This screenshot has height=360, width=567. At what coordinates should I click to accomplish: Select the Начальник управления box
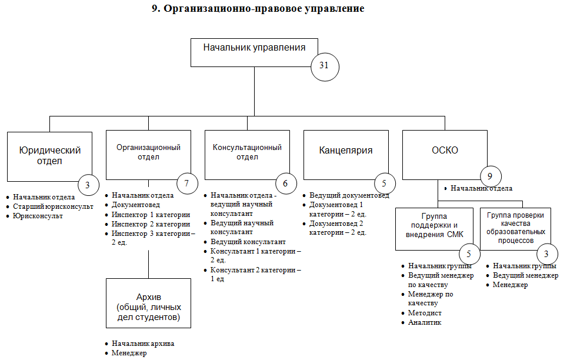pyautogui.click(x=254, y=52)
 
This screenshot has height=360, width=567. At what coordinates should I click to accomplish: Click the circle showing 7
pyautogui.click(x=186, y=184)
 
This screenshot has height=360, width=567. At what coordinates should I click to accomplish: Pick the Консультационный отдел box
pyautogui.click(x=246, y=153)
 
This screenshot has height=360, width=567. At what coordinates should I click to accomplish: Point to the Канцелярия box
pyautogui.click(x=346, y=151)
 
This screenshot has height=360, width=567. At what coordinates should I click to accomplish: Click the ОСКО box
pyautogui.click(x=445, y=151)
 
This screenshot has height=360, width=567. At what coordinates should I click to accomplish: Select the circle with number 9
pyautogui.click(x=491, y=176)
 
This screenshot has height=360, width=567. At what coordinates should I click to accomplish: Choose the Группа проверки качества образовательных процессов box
pyautogui.click(x=516, y=228)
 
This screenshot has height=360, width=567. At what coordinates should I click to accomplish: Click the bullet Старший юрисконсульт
pyautogui.click(x=54, y=206)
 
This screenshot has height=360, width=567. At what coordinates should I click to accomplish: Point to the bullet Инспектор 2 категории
pyautogui.click(x=151, y=224)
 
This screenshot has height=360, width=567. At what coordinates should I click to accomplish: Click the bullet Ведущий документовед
pyautogui.click(x=349, y=195)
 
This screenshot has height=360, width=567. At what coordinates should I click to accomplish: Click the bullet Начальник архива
pyautogui.click(x=143, y=344)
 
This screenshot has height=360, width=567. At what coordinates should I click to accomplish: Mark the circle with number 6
pyautogui.click(x=285, y=184)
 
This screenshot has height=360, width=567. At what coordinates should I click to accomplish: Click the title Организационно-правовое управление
pyautogui.click(x=258, y=9)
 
